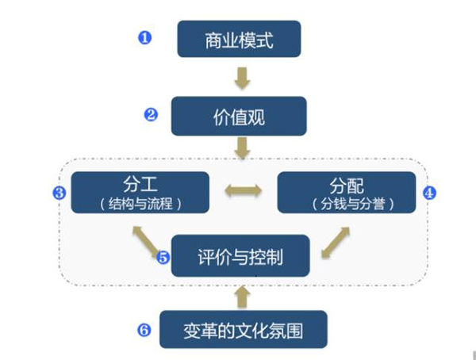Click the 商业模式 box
[x=239, y=39]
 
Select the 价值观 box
[x=239, y=117]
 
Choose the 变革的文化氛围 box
[x=243, y=328]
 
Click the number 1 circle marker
[x=144, y=37]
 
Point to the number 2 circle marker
[x=151, y=114]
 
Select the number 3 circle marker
[x=59, y=193]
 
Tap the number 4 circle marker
[x=429, y=192]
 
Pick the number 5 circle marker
[x=163, y=257]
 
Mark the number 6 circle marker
[x=144, y=328]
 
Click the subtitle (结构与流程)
[x=141, y=203]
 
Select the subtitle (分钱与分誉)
[x=346, y=203]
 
